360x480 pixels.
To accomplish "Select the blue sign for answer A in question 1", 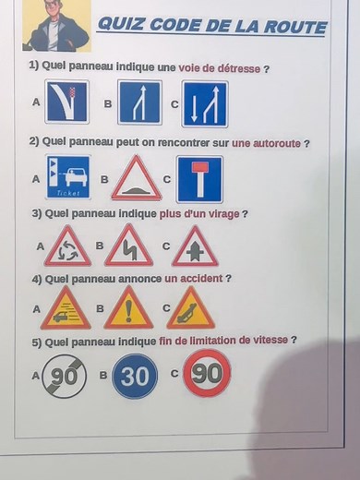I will coord(66,102).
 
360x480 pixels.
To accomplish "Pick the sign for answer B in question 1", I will coord(139,102).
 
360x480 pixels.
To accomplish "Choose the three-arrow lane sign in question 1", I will coord(204,104).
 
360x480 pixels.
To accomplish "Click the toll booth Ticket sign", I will coord(67,177).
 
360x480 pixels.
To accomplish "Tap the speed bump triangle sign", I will coord(136,178).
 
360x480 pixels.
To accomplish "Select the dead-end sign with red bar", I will coord(199,178).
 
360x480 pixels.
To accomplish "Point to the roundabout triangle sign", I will coord(68,246).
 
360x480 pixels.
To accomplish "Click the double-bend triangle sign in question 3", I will coord(128,246).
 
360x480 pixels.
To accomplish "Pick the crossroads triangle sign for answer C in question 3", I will coord(195,246).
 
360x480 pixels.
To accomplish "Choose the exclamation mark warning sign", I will coord(128,309).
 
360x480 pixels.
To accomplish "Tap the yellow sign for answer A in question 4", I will coord(66,309).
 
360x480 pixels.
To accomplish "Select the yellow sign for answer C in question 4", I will coord(191,309).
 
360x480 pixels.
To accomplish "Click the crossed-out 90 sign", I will coord(64,376).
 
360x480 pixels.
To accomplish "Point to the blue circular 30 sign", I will coord(135,377).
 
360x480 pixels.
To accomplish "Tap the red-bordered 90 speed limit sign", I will coord(206,373).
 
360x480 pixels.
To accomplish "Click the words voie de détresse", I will coord(220,68).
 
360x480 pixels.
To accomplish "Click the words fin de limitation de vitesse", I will coord(236,340).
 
